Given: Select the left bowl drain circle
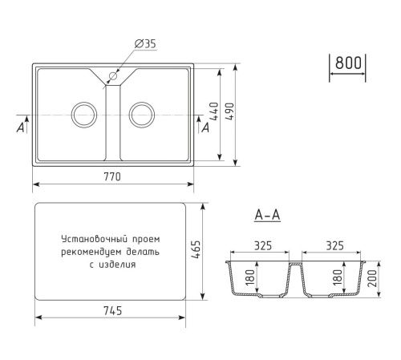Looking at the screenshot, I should [x=83, y=114].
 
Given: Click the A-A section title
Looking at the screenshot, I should [x=266, y=216].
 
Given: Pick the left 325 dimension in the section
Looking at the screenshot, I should [x=261, y=247].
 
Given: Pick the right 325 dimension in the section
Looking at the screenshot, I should [x=336, y=247].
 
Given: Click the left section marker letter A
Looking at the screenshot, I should [x=18, y=127].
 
